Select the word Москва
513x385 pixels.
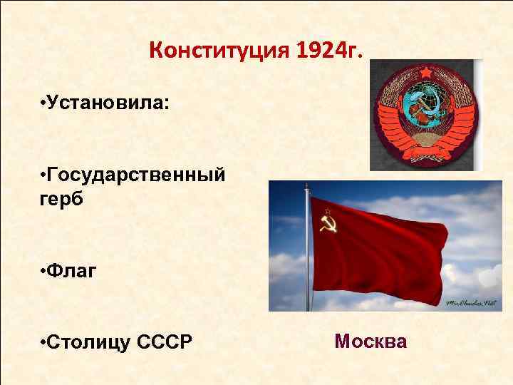[370, 342]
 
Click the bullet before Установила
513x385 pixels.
[43, 104]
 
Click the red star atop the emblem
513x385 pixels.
[426, 73]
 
